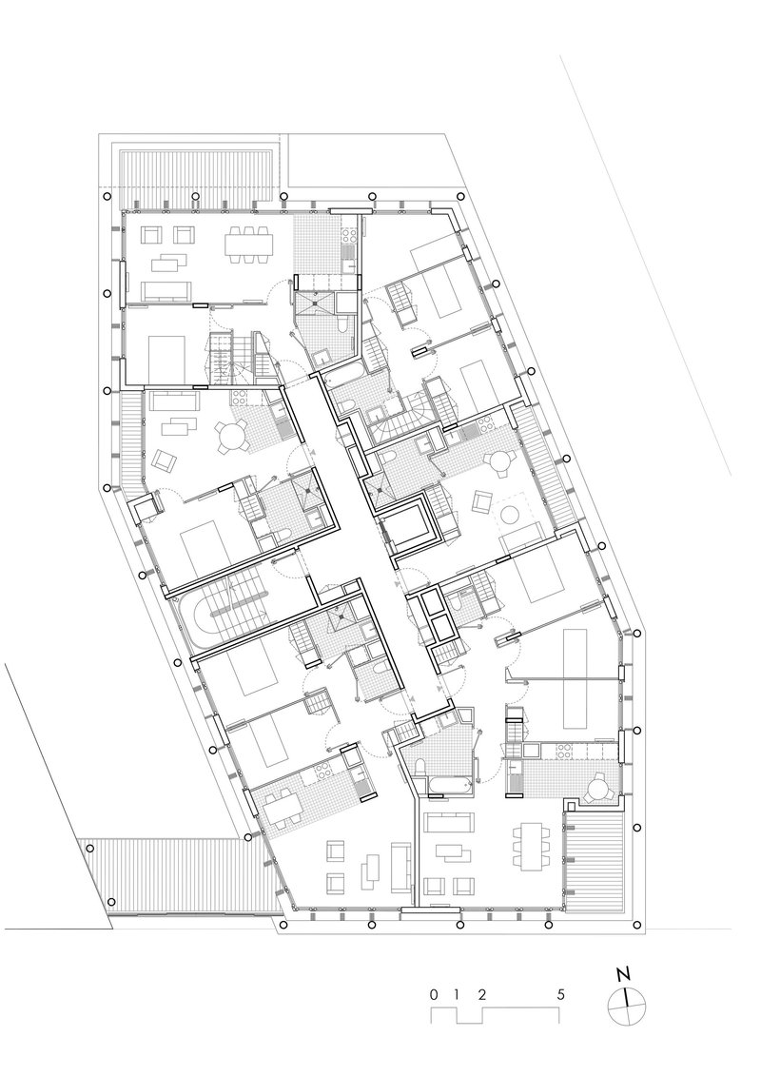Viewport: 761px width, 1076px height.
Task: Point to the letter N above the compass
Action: [624, 974]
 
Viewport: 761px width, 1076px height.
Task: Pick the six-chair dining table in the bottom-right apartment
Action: [531, 844]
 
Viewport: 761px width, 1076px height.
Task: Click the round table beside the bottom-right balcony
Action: [600, 789]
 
